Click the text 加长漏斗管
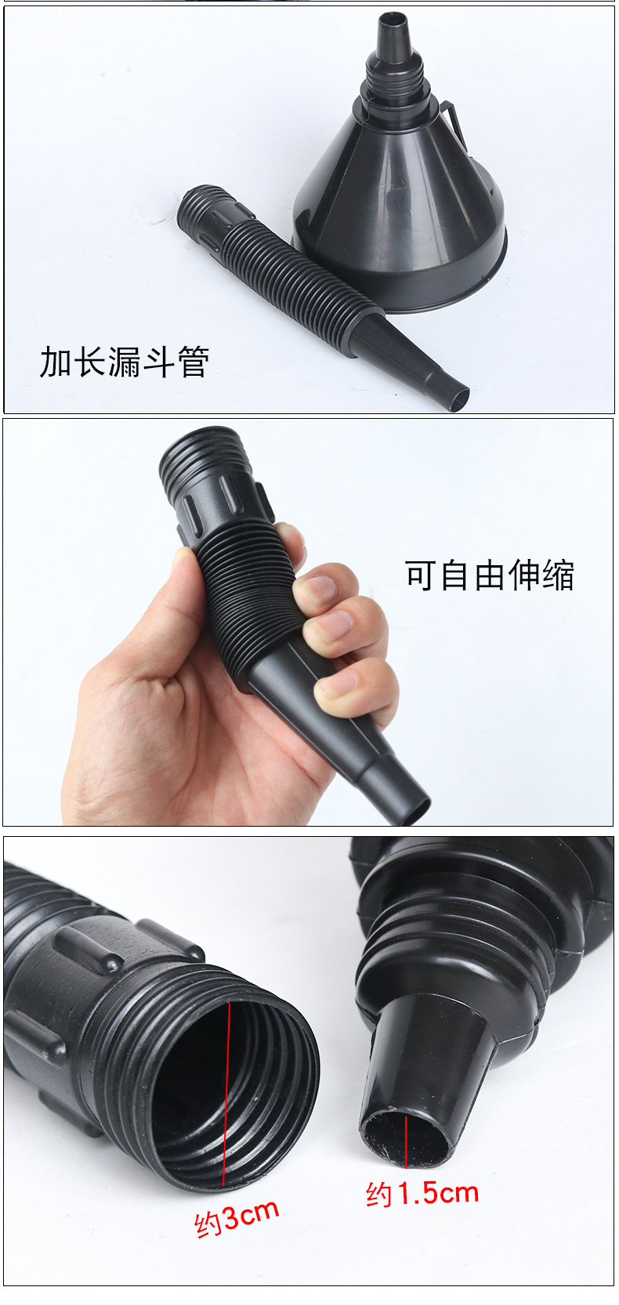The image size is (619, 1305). click(125, 362)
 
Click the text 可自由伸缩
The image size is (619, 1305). click(490, 575)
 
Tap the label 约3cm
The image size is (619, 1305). click(237, 1217)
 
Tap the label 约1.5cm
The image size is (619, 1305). click(422, 1193)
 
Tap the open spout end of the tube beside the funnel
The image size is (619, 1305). click(457, 399)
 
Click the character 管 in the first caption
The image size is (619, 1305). click(193, 362)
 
